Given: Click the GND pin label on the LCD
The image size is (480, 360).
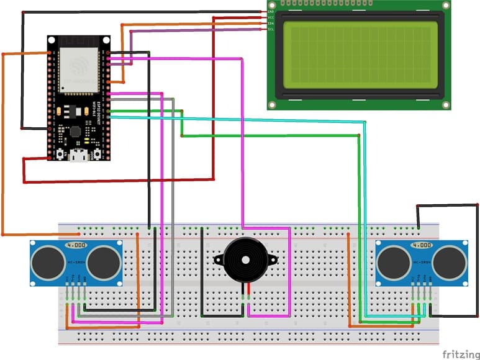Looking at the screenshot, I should [270, 12].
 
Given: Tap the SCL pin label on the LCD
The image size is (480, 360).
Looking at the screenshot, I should [270, 29].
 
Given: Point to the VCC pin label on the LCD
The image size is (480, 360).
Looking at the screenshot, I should [270, 17].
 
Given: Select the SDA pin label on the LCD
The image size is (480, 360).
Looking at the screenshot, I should [270, 24].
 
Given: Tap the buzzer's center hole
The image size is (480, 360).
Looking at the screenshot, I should [243, 258].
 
